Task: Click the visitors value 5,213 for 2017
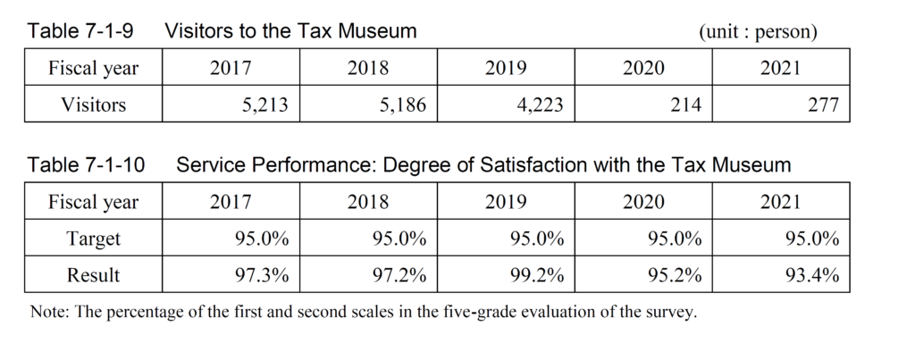[x=264, y=105]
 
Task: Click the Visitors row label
[x=93, y=105]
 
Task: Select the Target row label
[x=93, y=239]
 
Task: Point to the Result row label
[x=93, y=276]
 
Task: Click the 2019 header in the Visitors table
[x=505, y=69]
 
